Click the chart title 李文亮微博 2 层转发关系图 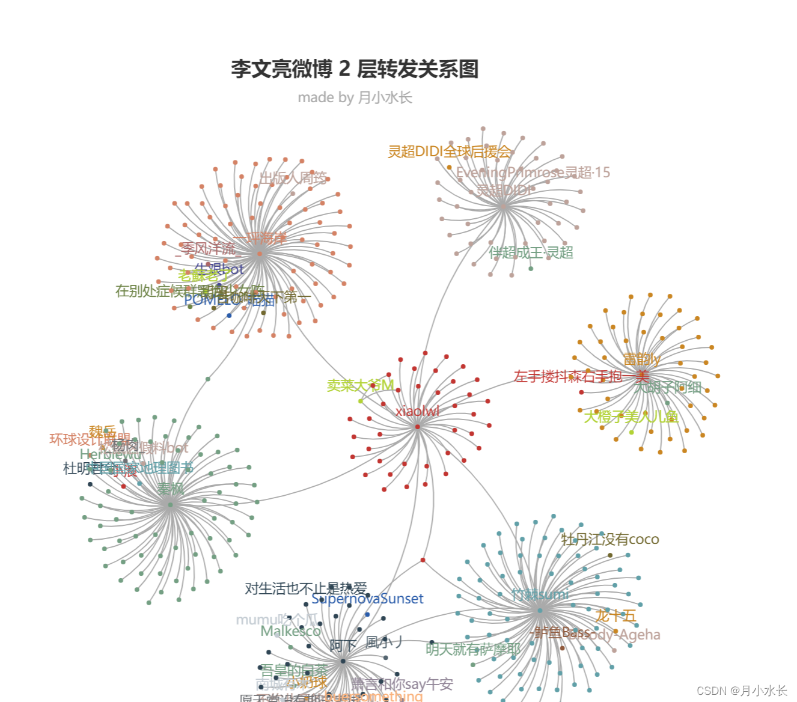tap(355, 69)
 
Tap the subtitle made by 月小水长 tap(355, 97)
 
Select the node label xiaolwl tap(417, 411)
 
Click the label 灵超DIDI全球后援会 tap(449, 151)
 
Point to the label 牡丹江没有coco tap(609, 539)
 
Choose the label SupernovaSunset tap(367, 599)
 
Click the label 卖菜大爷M tap(360, 385)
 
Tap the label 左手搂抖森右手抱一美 tap(581, 376)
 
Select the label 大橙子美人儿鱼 tap(631, 417)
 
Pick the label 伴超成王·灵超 tap(531, 252)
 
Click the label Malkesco tap(290, 631)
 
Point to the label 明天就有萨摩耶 tap(473, 649)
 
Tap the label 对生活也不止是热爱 tap(305, 588)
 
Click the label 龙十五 tap(615, 615)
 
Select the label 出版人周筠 tap(293, 178)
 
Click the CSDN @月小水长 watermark tap(742, 691)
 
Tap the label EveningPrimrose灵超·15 tap(533, 172)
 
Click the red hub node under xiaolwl tap(417, 427)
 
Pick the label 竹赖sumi tap(540, 594)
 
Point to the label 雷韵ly tap(641, 359)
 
